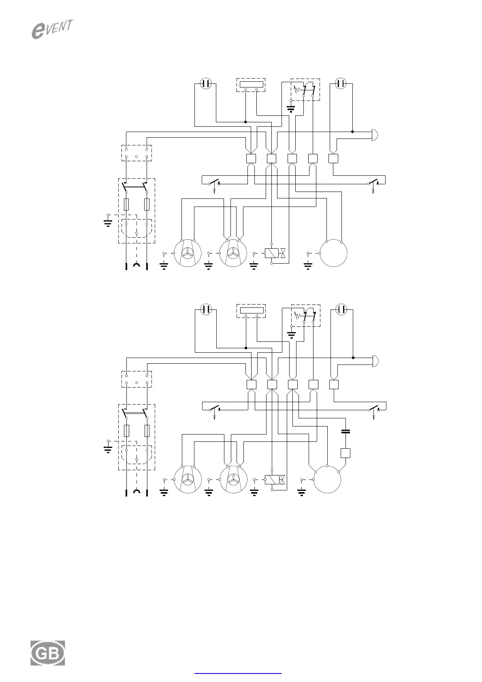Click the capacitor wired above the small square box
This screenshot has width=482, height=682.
(x=345, y=431)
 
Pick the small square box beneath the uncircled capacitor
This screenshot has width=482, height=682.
(x=345, y=453)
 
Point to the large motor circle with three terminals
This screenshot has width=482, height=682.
(x=327, y=479)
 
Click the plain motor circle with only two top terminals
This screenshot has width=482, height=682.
(x=334, y=253)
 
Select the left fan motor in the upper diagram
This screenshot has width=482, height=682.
(x=188, y=253)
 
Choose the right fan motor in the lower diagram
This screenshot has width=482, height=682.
(x=233, y=479)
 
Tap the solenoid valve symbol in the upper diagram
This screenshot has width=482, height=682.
(x=275, y=254)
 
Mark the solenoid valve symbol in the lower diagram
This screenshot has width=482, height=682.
(x=275, y=480)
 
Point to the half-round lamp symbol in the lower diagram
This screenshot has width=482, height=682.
(x=375, y=360)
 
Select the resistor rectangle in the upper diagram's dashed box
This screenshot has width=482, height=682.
(x=251, y=85)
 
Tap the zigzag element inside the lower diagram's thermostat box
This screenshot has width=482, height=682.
(x=298, y=314)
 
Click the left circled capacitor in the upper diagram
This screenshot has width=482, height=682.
(x=206, y=84)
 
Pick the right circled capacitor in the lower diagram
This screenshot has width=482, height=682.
(x=341, y=310)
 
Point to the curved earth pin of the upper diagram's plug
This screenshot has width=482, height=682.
(x=136, y=265)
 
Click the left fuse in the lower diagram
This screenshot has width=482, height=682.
(x=126, y=431)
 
